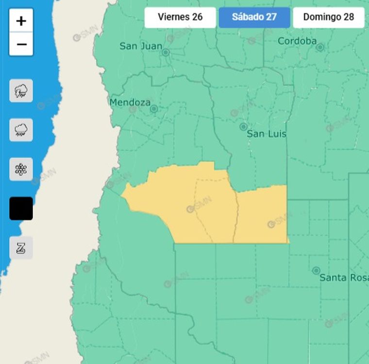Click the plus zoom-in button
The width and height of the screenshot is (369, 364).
21,21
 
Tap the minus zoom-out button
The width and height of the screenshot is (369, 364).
21,45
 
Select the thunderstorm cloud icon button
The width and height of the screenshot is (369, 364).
21,91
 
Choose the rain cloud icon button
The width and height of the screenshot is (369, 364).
21,130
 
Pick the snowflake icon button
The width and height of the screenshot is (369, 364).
21,169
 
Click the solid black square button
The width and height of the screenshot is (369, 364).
21,209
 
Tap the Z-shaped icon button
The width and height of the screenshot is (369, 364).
21,248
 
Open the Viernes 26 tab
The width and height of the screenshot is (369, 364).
180,17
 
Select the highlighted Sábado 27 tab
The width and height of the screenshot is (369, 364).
254,17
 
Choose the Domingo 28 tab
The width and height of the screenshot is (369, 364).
328,17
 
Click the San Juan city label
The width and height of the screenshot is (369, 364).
141,47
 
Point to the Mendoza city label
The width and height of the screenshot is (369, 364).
130,102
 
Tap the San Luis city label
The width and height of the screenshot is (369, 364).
267,134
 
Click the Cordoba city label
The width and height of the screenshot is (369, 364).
297,41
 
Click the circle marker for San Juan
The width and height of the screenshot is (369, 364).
166,52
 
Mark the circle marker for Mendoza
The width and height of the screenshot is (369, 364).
154,109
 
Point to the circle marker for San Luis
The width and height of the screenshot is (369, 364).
243,127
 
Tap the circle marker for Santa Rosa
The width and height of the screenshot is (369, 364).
316,270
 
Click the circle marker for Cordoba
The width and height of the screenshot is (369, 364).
320,47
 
